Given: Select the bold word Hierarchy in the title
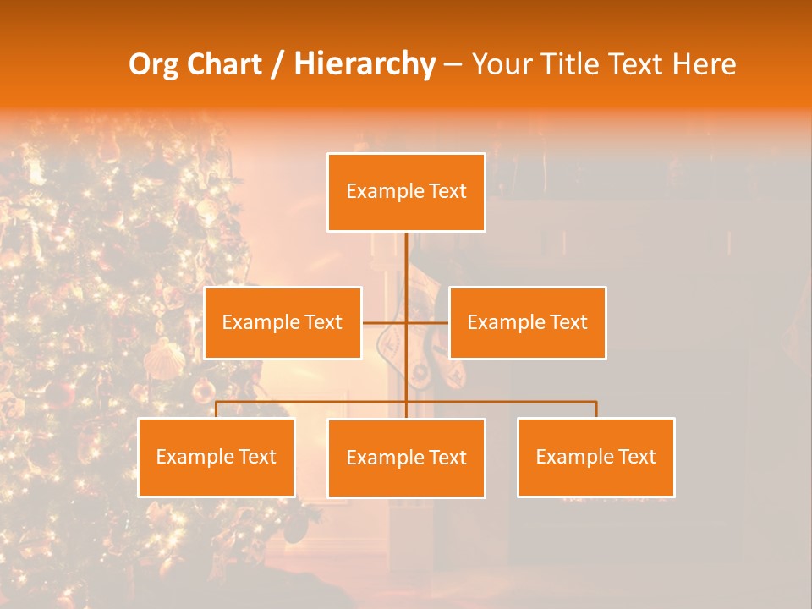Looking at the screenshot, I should point(365,64).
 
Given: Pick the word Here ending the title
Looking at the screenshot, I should point(704,64).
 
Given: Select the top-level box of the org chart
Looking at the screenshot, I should point(406,192).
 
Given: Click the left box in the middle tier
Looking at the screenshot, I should point(283,322).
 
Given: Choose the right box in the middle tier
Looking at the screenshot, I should point(527,322).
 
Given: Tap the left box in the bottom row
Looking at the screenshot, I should point(217,457).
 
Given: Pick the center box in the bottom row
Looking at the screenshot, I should point(406,458).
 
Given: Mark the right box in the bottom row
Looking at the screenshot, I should point(595,457).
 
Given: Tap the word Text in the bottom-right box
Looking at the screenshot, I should point(636,457).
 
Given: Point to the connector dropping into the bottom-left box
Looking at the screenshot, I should point(217,409).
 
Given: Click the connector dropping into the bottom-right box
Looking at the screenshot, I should point(595,409).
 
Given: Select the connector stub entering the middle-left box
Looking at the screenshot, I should point(372,322).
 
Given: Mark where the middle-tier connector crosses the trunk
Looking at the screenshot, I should point(406,322).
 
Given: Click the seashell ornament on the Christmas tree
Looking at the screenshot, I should point(164,359).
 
